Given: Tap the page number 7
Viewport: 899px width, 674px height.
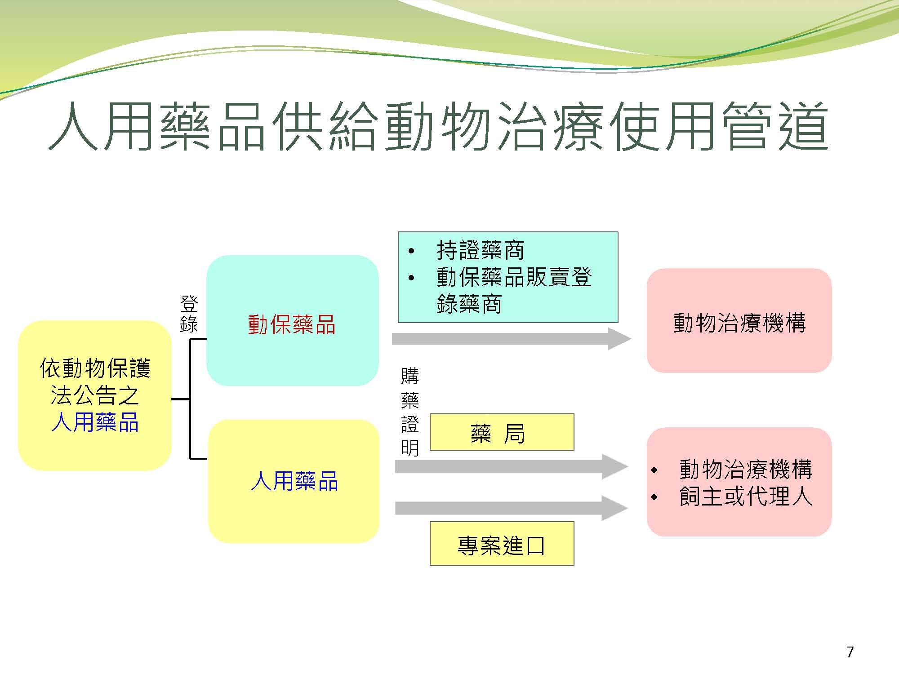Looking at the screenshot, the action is tap(850, 652).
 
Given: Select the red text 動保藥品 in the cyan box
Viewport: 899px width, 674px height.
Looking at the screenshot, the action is tap(292, 324).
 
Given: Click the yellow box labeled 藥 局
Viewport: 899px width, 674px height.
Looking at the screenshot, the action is tap(502, 432).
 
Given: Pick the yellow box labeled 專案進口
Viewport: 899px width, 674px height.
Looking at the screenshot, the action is tap(502, 543).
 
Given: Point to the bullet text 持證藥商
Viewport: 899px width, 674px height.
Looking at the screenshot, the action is tap(481, 250).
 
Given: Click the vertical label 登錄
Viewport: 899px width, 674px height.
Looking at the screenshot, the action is tap(189, 314).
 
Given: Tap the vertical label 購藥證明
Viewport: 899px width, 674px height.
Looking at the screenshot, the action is tap(410, 412).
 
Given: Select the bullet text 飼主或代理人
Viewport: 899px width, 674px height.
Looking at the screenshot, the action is tap(746, 497).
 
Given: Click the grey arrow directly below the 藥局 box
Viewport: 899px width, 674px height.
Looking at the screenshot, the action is tap(512, 466).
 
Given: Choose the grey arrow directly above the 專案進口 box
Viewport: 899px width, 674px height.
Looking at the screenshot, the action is tap(512, 508).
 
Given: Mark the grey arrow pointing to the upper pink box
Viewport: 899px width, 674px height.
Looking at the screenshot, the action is tap(512, 338).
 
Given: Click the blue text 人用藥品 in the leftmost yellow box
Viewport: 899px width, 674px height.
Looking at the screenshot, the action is tap(95, 422).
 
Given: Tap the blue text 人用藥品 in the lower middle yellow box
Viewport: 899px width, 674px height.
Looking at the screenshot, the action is tap(294, 481).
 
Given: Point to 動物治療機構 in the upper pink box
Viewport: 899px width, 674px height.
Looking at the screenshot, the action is tap(739, 323).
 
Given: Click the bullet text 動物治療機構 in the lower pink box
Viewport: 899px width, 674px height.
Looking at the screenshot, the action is tap(746, 470).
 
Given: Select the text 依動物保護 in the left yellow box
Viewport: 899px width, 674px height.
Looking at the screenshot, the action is tap(95, 368).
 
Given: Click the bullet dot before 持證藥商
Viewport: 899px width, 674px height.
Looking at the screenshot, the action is tap(411, 251).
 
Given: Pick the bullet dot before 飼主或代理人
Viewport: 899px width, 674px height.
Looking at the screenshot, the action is tap(654, 497).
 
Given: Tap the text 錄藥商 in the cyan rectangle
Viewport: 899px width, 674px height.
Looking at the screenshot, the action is tap(469, 304).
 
